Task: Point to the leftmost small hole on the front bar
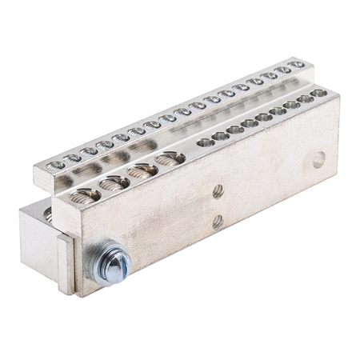206,142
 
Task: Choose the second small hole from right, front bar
305,99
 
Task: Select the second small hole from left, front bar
220,136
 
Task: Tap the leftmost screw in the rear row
56,166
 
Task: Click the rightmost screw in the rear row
297,63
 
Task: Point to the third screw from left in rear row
90,151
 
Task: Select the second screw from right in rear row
283,69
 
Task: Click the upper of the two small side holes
217,191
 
